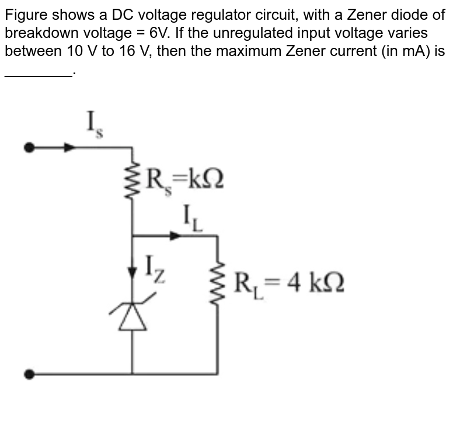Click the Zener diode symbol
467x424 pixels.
click(x=133, y=317)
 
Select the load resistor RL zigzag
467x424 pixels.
click(x=218, y=283)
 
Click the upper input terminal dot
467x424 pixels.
click(x=27, y=148)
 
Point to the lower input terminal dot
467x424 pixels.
click(x=27, y=373)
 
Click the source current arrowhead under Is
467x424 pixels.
click(x=69, y=148)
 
